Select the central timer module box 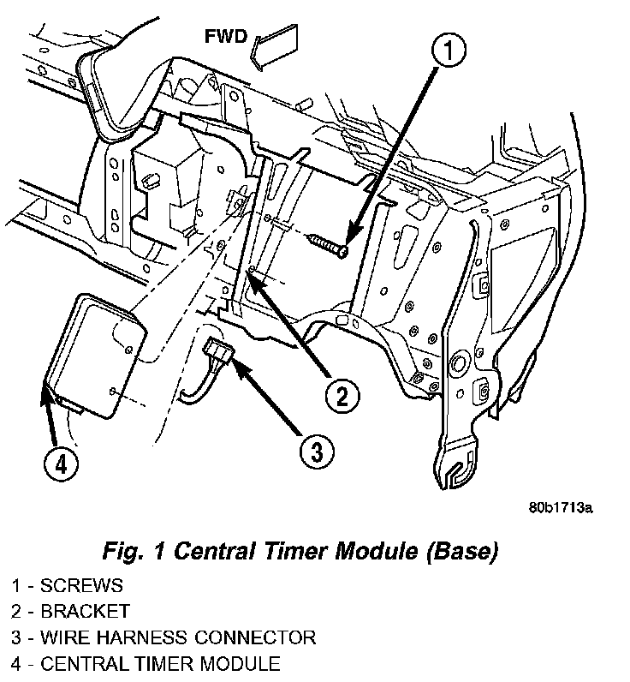(x=95, y=354)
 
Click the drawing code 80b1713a (x=560, y=507)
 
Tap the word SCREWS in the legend (x=82, y=587)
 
